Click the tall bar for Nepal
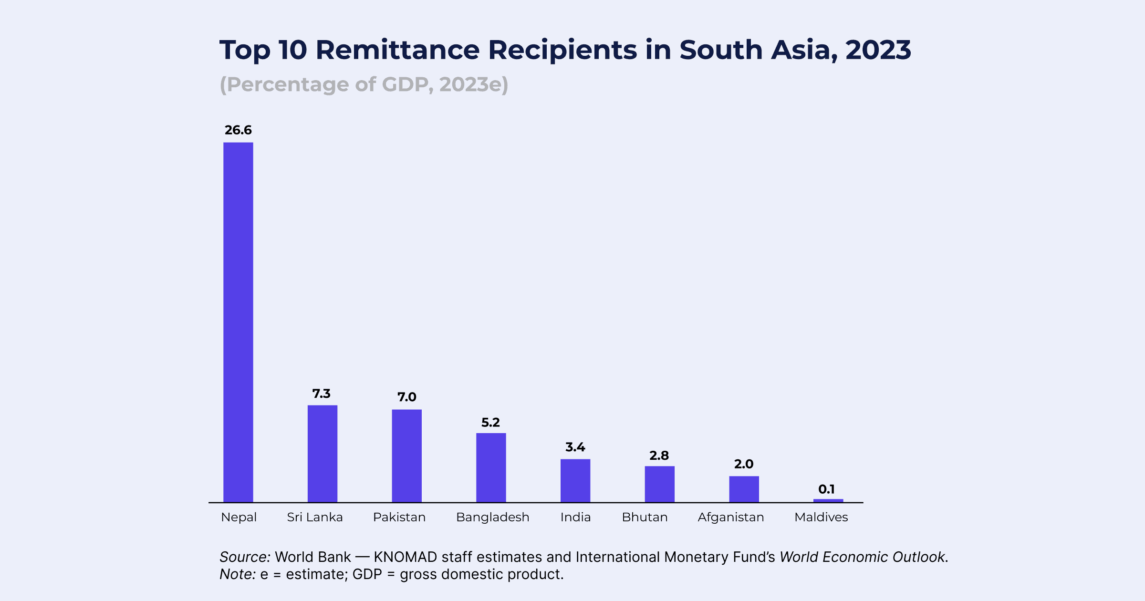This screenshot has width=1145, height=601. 238,322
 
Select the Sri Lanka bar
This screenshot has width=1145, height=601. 323,454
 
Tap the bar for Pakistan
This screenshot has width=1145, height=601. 406,456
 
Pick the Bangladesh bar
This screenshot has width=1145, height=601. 491,467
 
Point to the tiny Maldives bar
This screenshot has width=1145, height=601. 828,500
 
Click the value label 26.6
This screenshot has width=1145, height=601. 238,130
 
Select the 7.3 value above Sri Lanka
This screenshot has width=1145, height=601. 321,394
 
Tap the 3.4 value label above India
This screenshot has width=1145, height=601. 575,447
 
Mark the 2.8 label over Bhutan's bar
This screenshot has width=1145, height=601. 659,456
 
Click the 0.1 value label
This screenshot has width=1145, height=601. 826,489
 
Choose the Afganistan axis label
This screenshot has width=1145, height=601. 730,518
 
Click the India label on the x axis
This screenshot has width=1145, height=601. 575,518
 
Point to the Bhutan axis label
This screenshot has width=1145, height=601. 645,518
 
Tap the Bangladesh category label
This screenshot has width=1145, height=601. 492,518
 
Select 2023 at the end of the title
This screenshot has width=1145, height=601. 878,50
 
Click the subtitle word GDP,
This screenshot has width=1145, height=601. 408,84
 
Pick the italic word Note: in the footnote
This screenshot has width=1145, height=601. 238,574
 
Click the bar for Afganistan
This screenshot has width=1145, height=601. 744,489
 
